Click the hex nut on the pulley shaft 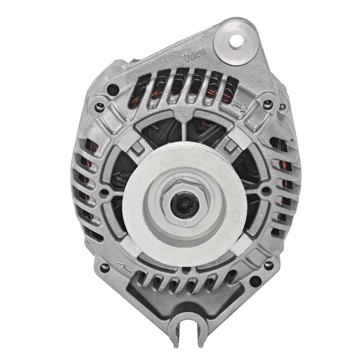[184, 202]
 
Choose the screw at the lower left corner [105, 267]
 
